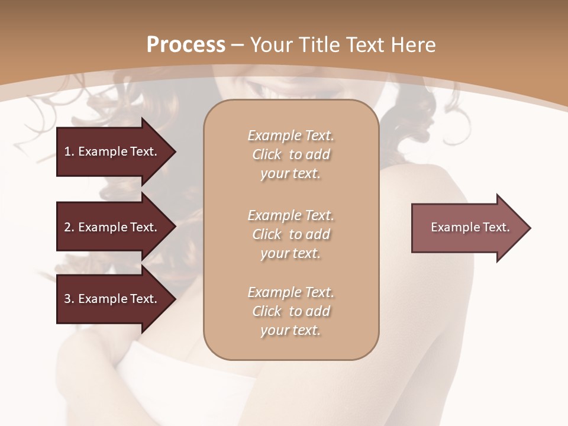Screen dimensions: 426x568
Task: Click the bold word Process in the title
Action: [186, 45]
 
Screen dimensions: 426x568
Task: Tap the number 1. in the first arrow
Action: [69, 151]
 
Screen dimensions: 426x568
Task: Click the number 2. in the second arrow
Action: [69, 227]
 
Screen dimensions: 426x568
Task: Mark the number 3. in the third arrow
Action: [69, 299]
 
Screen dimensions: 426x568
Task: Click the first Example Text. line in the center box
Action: [291, 135]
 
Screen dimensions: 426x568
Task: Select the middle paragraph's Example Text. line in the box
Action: [291, 215]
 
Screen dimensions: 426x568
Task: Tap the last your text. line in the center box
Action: [291, 330]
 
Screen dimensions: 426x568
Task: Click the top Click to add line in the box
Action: [291, 154]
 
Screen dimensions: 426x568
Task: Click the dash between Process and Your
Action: [238, 45]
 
